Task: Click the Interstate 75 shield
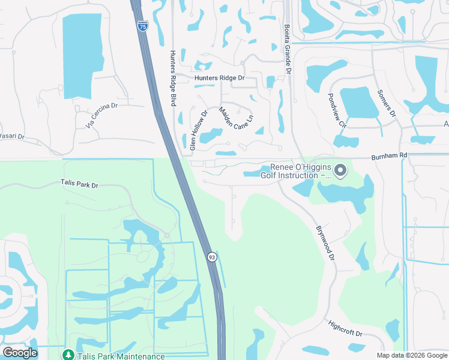(x=142, y=26)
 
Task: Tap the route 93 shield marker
(x=212, y=257)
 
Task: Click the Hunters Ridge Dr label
(x=220, y=78)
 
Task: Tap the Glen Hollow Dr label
(x=198, y=130)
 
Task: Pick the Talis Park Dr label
(x=79, y=184)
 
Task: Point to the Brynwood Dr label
(x=325, y=243)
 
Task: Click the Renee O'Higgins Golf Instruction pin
(x=340, y=171)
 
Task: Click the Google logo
(x=20, y=352)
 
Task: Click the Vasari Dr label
(x=12, y=137)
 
